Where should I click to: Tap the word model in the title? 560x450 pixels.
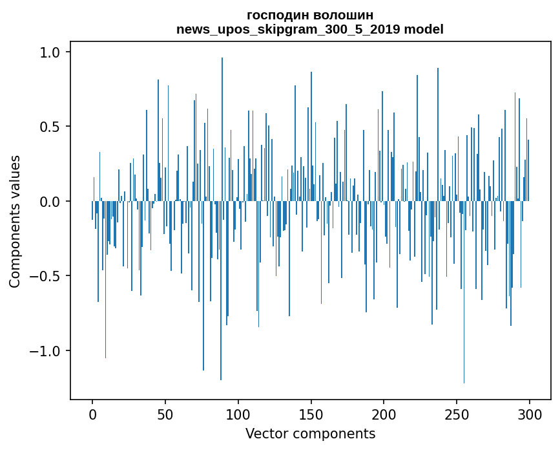click(x=423, y=29)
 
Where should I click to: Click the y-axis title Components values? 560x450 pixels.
click(x=15, y=221)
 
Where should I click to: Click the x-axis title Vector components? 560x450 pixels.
click(x=310, y=433)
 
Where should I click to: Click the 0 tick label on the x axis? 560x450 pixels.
click(x=92, y=413)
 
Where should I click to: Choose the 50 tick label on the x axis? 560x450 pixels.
click(x=165, y=413)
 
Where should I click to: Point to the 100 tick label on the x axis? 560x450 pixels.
click(x=238, y=413)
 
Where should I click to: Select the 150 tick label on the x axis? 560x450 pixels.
click(x=311, y=413)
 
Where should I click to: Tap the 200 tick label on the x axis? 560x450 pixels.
click(x=384, y=413)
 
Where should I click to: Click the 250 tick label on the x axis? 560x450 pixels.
click(x=457, y=413)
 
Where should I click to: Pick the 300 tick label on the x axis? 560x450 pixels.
click(x=530, y=413)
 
